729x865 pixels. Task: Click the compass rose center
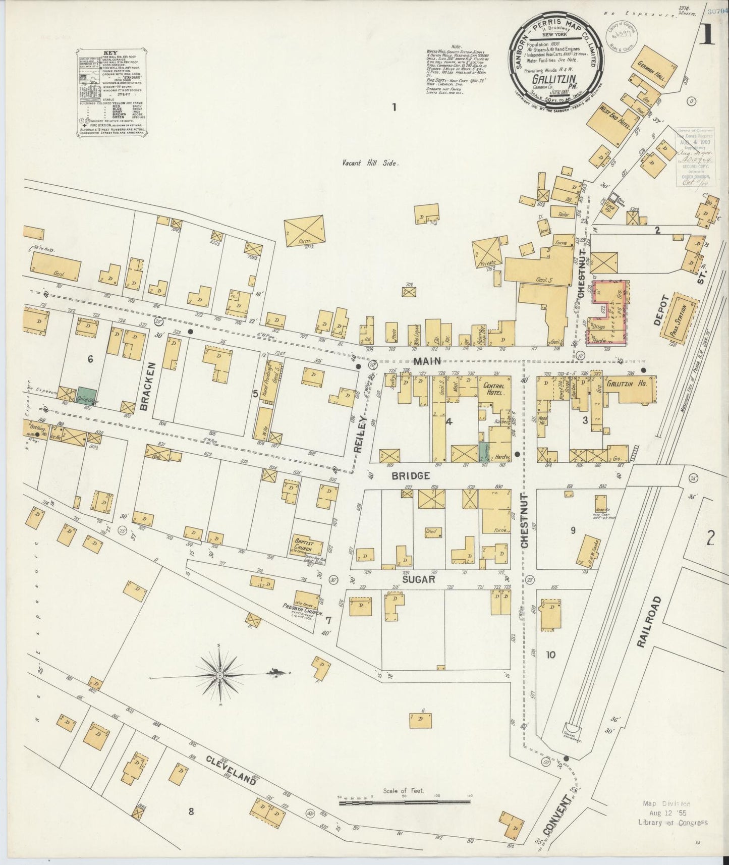tap(220, 675)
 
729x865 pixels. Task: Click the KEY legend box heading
tap(110, 52)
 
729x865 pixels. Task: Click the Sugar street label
tap(419, 579)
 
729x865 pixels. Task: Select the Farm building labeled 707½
tap(304, 231)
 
